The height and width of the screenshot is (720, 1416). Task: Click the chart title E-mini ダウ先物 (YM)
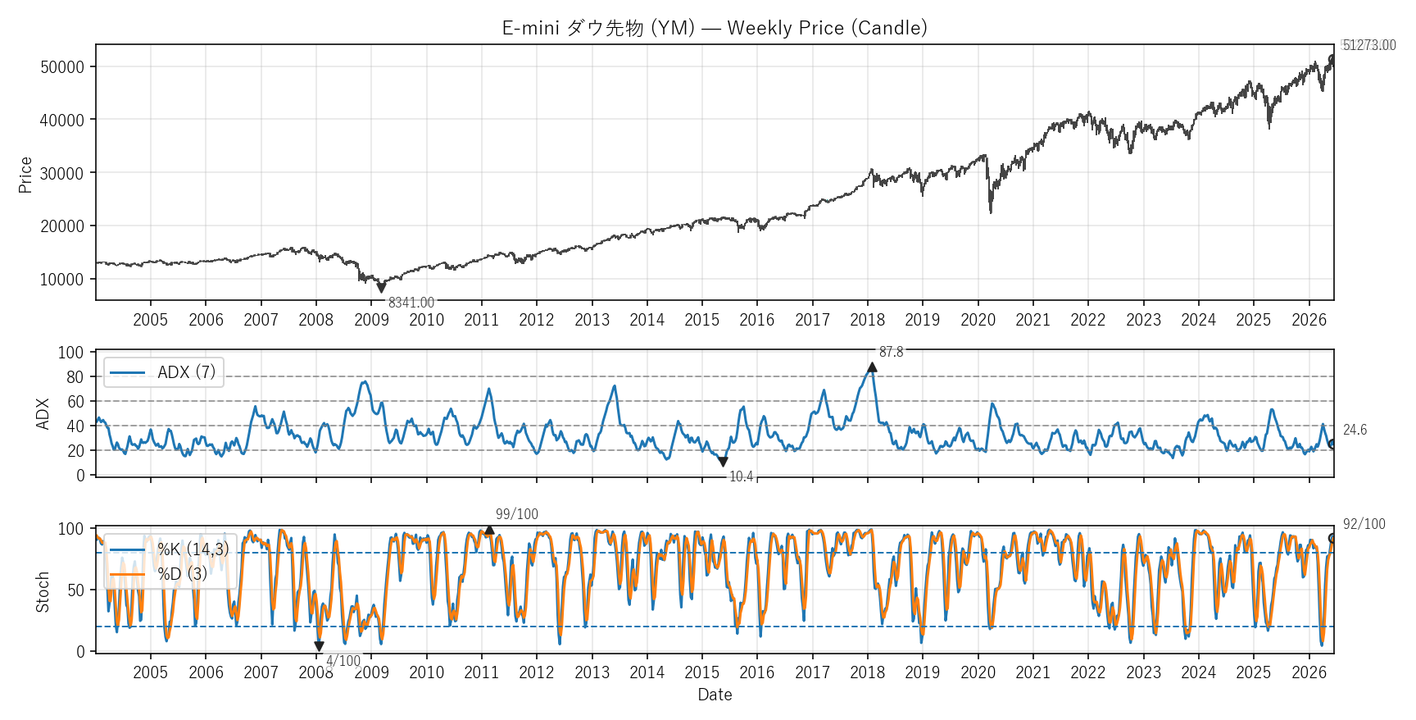pos(599,28)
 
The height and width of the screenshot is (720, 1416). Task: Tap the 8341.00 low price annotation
pos(411,303)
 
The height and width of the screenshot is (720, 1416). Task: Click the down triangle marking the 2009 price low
pos(381,288)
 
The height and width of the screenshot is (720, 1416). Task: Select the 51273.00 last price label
pos(1369,45)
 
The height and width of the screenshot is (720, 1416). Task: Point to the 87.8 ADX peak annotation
pos(892,352)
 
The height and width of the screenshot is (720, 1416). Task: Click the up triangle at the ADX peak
pos(872,367)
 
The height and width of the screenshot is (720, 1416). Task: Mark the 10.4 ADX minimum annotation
pos(741,476)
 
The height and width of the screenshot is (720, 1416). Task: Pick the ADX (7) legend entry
pos(163,372)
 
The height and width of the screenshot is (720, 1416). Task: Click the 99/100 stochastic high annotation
pos(517,514)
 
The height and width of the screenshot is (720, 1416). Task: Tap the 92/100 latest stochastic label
pos(1364,524)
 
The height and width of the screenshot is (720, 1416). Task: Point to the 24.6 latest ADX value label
pos(1355,430)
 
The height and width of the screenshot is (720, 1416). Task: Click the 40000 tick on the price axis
pos(62,120)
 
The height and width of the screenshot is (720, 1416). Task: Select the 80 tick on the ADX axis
pos(75,377)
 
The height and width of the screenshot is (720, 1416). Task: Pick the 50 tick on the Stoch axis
pos(75,590)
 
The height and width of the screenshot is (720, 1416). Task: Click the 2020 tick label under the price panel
pos(978,320)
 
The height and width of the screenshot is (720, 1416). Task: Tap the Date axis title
pos(715,695)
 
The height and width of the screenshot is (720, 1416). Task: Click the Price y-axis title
pos(25,175)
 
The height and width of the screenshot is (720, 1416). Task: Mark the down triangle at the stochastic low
pos(319,646)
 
